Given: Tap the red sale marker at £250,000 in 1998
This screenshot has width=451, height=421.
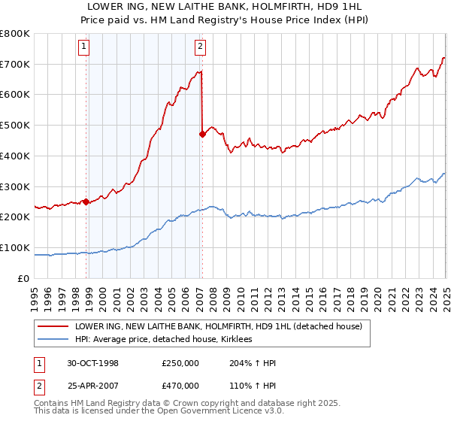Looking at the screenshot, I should click(x=86, y=201).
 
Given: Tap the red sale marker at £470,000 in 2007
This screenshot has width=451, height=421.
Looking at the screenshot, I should click(x=202, y=134).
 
